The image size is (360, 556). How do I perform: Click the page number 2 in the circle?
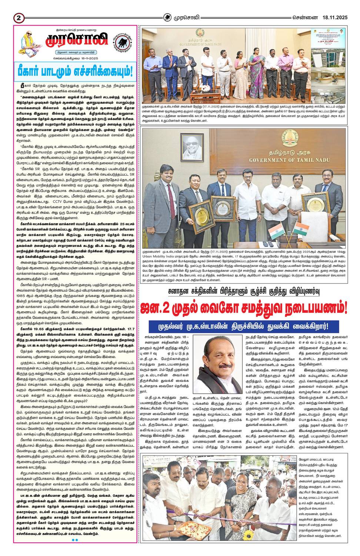[18, 17]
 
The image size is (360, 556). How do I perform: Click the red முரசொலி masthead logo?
[77, 39]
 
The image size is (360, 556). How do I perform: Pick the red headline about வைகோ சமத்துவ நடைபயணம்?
[244, 307]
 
